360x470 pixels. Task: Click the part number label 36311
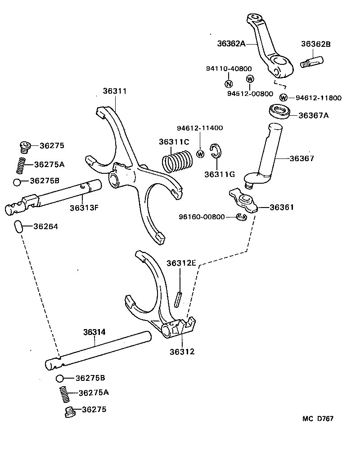115,91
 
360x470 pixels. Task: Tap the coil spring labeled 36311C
177,160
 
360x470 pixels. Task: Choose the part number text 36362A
231,44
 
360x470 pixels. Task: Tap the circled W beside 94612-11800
283,98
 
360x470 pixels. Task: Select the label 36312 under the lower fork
182,351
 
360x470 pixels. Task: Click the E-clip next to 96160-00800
242,217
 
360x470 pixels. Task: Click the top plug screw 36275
25,145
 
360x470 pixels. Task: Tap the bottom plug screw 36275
70,411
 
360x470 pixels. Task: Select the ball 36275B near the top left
18,182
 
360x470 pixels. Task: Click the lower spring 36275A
65,394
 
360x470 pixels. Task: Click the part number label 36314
94,332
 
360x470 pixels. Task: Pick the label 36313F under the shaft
84,208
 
